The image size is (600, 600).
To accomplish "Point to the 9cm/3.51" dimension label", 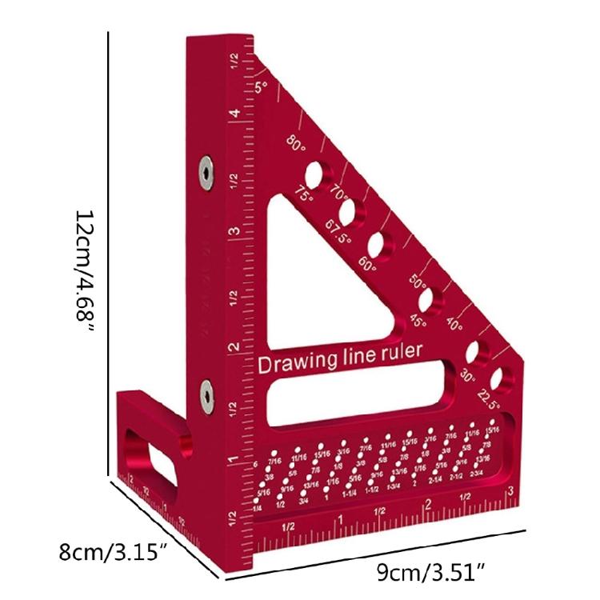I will (x=432, y=572).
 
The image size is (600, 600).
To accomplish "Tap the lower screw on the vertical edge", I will (x=206, y=392).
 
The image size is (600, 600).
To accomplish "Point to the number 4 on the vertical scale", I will (x=236, y=114).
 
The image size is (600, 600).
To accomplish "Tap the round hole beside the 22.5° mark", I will (x=502, y=377).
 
